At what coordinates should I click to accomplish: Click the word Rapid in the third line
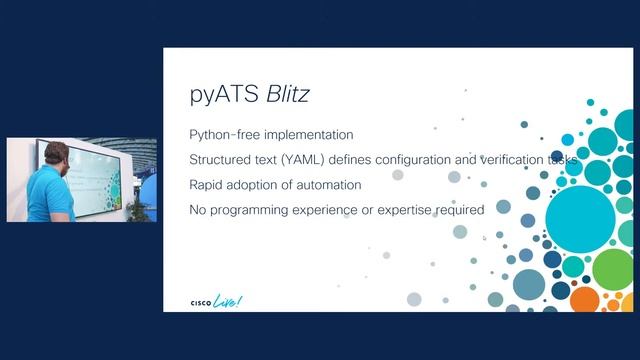(x=206, y=184)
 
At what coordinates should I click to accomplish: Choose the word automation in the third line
(x=324, y=184)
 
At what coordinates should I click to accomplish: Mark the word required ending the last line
(x=460, y=209)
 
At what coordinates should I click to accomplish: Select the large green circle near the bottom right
(x=614, y=268)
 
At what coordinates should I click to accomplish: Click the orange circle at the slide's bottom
(x=584, y=298)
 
